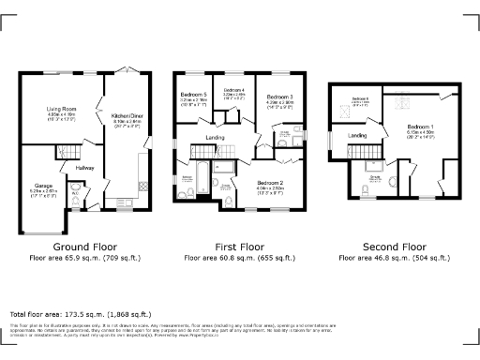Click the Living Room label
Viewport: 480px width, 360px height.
(62, 109)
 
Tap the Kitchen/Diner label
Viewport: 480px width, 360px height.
(126, 116)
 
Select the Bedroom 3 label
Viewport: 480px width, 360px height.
(279, 97)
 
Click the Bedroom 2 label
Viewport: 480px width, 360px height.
(269, 157)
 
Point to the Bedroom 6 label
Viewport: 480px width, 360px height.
(361, 98)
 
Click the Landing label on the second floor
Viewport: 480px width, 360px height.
(357, 136)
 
